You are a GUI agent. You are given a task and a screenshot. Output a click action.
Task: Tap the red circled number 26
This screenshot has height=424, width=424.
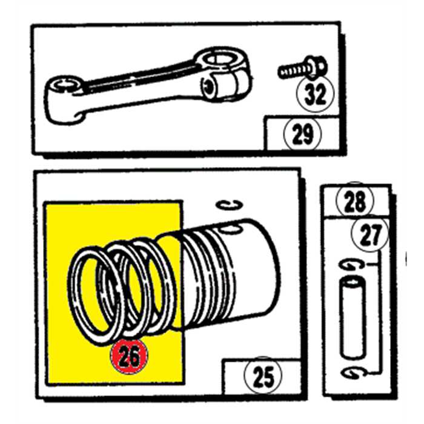coord(128,356)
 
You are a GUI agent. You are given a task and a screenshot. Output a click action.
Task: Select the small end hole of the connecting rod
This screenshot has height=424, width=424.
coord(65,84)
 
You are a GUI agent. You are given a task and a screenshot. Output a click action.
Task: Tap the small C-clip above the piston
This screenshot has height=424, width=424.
coord(230,205)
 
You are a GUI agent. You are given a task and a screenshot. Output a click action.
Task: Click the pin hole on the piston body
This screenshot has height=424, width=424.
coord(230,229)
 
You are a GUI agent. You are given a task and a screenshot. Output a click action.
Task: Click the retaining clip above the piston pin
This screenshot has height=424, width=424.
coord(350,265)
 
